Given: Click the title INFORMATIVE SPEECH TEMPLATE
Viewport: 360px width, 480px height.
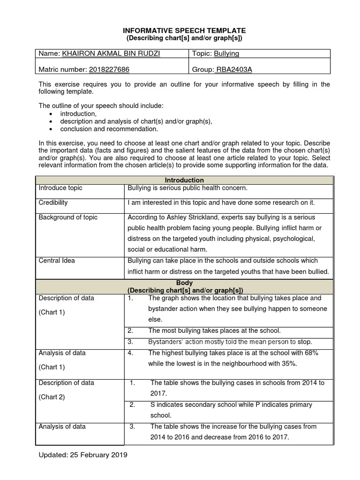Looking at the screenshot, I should coord(184,30).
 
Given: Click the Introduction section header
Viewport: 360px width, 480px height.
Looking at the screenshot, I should coord(184,180).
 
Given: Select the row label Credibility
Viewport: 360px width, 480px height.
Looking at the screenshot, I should coord(53,202).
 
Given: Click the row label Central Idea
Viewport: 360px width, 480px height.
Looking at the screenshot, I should coord(56,261).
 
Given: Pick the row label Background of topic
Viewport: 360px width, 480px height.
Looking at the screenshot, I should coord(68,217).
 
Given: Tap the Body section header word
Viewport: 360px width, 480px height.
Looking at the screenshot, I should coord(184,283).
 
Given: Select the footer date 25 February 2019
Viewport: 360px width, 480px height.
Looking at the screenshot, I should coord(98,455).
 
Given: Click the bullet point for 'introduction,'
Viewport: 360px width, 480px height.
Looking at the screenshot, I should coord(51,114).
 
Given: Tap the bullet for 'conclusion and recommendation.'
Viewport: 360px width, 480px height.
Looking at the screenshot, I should coord(51,129).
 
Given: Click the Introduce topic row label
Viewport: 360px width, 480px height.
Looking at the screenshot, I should coord(60,188).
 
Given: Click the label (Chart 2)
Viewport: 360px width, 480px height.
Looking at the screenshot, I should coord(52,397).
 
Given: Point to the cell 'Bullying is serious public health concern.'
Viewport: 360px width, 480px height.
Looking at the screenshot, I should coord(187,188).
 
